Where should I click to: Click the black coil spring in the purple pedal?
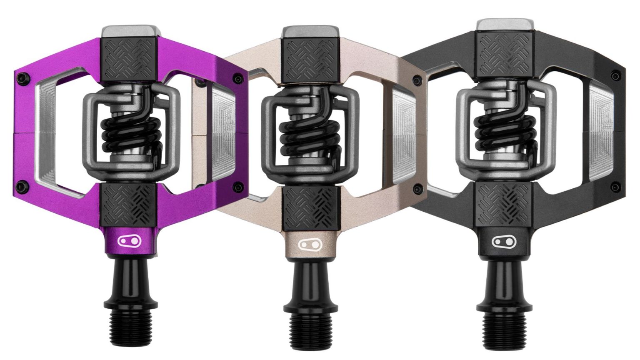point(132,133)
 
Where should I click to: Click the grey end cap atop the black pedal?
point(505,25)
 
